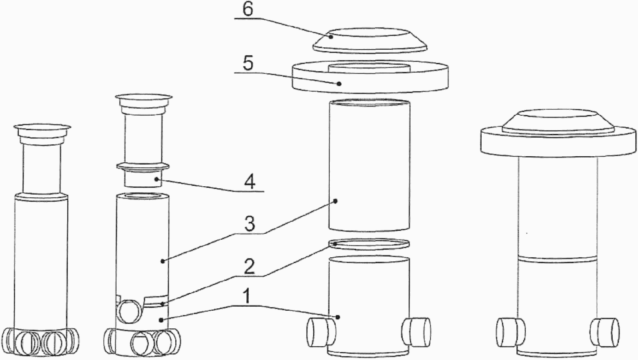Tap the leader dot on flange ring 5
click(339, 84)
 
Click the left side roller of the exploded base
click(321, 333)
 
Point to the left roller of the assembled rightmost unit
click(511, 333)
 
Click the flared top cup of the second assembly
click(144, 102)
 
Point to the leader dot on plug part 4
click(156, 179)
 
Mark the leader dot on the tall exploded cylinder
click(336, 201)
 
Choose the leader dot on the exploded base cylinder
click(338, 317)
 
